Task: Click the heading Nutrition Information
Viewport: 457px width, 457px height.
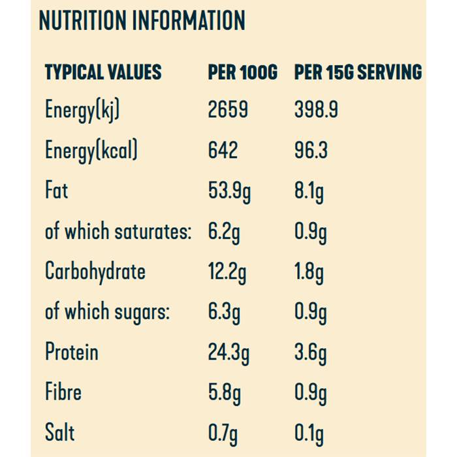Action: point(142,21)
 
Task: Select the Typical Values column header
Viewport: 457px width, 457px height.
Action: point(103,72)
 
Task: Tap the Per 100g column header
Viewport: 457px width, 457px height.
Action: point(242,72)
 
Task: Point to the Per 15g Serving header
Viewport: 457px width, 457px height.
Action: point(358,72)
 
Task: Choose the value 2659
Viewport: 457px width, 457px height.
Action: point(228,110)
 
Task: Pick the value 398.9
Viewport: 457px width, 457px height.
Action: point(316,110)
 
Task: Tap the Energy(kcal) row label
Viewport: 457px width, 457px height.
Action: point(91,151)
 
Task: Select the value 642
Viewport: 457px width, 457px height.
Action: point(223,151)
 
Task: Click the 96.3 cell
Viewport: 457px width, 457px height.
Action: point(311,151)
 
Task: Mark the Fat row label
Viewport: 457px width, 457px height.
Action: point(56,191)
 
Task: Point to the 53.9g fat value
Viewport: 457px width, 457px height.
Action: point(229,193)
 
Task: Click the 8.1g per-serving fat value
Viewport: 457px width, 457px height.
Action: point(309,193)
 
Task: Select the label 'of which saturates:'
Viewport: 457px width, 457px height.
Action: point(118,232)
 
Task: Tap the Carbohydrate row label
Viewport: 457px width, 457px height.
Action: point(95,272)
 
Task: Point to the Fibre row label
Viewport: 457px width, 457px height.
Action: point(63,392)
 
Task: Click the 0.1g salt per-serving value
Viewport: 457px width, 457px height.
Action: point(309,433)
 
